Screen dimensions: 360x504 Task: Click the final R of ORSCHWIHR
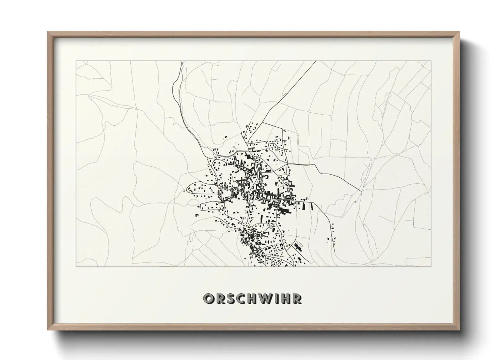pos(297,299)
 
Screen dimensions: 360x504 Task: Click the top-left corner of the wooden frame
pos(47,32)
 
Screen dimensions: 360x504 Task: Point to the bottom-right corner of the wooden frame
pos(460,330)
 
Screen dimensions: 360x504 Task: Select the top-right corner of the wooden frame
pos(460,32)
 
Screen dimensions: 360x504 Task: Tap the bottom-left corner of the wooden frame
pos(47,330)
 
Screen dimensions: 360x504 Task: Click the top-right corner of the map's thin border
pos(431,61)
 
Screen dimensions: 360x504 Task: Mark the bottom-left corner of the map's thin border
pos(76,267)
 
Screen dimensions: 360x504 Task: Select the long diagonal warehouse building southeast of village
pos(299,246)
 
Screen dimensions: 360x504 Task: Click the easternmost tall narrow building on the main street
pos(312,206)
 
